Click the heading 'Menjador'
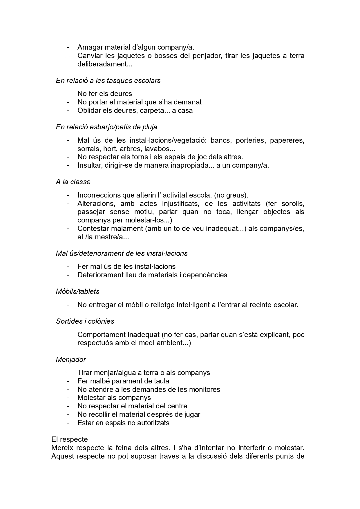(71, 360)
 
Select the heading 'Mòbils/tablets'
(78, 291)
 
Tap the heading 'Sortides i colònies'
(85, 321)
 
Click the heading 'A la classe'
(73, 182)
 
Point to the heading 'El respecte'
(70, 439)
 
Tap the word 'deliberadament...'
(105, 64)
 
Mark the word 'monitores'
(206, 390)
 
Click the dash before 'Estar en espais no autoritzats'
(68, 423)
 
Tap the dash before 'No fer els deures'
(68, 94)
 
